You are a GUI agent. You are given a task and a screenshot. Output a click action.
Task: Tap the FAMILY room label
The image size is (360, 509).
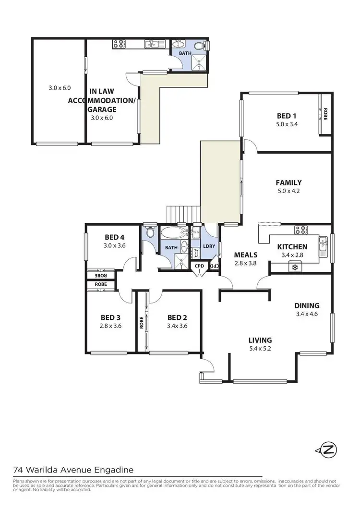click(x=288, y=182)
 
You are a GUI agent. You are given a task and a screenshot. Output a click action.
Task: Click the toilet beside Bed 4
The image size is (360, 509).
click(x=150, y=233)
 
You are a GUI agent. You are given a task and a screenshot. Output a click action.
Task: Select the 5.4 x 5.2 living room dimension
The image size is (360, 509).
click(x=260, y=349)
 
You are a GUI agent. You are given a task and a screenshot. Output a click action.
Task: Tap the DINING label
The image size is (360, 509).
click(x=307, y=305)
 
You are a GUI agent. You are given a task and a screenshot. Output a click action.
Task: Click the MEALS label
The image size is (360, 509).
click(x=245, y=254)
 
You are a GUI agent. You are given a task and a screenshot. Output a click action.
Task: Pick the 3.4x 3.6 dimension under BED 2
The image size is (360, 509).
click(x=177, y=326)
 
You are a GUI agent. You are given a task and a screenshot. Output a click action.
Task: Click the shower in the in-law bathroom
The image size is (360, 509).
click(x=197, y=60)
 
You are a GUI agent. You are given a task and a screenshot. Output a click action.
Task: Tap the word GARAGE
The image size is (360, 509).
click(x=101, y=109)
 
